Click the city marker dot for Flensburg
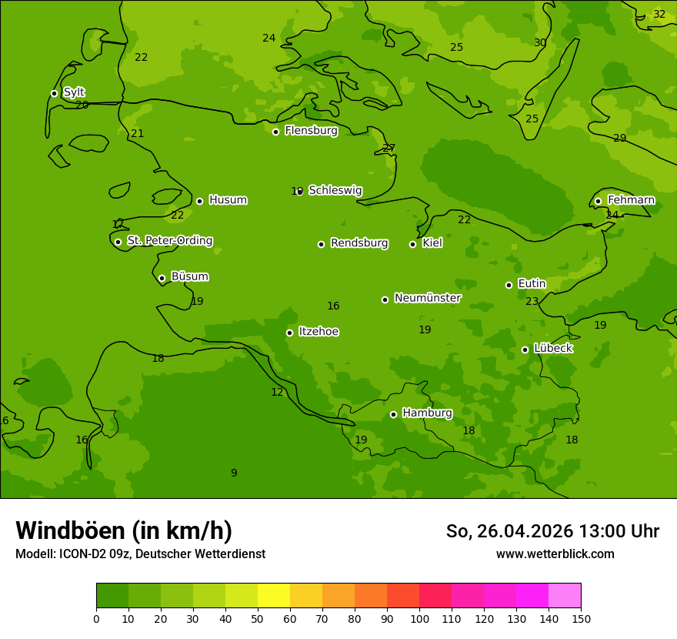click(275, 132)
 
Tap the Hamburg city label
click(427, 413)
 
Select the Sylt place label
click(74, 92)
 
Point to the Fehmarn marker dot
click(598, 201)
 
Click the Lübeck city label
click(553, 349)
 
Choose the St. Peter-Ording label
click(170, 241)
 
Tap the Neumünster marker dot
click(385, 299)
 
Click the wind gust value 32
click(659, 14)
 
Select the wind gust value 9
click(234, 473)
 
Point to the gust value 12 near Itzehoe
click(277, 392)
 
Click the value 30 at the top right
click(540, 42)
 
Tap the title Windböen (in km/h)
click(124, 530)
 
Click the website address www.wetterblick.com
click(555, 554)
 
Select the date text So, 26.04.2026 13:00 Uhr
click(552, 531)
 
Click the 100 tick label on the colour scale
click(419, 619)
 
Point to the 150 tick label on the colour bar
click(581, 619)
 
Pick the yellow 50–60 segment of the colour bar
click(274, 596)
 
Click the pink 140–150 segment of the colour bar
click(565, 596)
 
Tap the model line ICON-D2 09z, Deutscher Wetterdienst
click(140, 554)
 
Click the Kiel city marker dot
click(412, 244)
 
